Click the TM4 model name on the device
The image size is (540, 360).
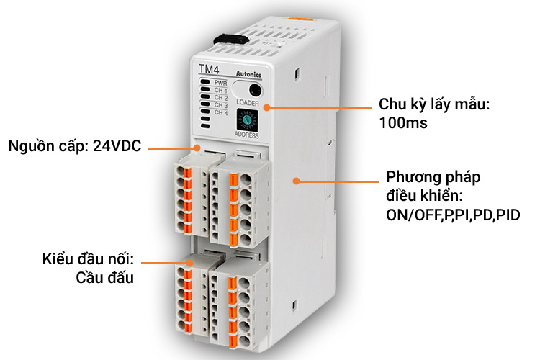pos(209,69)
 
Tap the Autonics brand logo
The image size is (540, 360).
pos(248,74)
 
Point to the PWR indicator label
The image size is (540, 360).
pos(221,83)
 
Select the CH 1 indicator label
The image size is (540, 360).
pos(221,90)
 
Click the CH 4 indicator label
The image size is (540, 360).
pos(222,112)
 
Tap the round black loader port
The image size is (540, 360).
pos(255,91)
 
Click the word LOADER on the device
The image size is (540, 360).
pos(248,103)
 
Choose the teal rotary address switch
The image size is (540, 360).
pos(247,120)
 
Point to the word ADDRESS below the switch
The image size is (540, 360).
pos(246,135)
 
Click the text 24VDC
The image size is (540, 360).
pos(117,146)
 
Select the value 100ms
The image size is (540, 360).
pos(403,122)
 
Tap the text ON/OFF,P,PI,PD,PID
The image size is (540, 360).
pos(453,215)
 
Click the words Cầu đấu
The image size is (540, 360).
pos(104,277)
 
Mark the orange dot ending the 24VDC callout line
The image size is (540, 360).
pos(197,148)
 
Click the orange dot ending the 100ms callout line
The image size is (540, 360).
pos(266,107)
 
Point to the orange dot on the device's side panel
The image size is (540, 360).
pos(296,181)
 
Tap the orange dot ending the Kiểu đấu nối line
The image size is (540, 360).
pos(190,263)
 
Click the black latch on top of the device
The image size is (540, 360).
pos(231,40)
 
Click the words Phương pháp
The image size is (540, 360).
pos(433,178)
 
